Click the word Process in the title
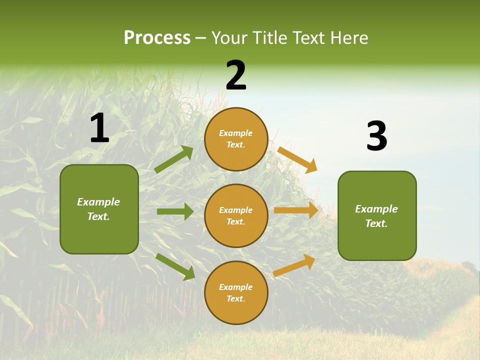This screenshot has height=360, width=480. (x=157, y=38)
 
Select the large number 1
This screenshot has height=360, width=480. (x=99, y=128)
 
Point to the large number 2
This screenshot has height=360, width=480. (x=236, y=75)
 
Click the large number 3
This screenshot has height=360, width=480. (x=376, y=136)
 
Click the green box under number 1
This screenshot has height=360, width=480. (x=99, y=209)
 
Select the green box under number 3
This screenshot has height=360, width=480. (x=377, y=216)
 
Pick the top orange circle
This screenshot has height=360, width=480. (x=236, y=139)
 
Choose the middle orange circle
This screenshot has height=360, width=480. (x=236, y=216)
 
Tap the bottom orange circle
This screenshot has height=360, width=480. (x=236, y=293)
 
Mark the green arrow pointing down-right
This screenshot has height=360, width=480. (x=175, y=266)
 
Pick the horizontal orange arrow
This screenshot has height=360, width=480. (x=296, y=210)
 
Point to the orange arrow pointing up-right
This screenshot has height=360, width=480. (x=294, y=265)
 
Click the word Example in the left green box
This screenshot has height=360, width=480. (x=98, y=202)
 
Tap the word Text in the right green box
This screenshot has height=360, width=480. (x=375, y=223)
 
